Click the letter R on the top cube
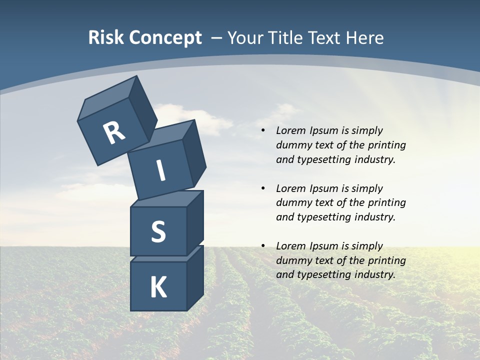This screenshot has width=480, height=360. (114, 132)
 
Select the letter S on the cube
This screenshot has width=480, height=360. (158, 231)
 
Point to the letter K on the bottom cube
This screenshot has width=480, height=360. (158, 287)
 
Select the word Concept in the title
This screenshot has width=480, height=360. (165, 38)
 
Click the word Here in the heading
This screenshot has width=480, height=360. (365, 38)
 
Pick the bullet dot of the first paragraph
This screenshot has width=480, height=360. (262, 131)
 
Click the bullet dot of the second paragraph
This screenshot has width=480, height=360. (262, 188)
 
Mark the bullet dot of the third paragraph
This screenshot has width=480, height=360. (262, 246)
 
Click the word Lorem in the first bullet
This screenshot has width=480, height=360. (290, 131)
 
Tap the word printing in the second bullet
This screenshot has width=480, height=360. (386, 203)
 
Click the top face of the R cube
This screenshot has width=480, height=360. (107, 98)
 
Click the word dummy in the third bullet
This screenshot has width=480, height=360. (292, 260)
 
